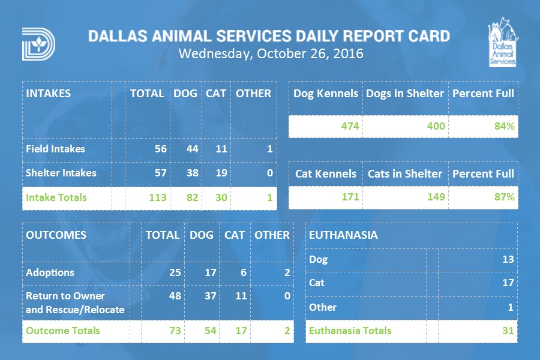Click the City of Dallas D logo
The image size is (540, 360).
tap(38, 44)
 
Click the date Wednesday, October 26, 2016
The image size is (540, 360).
tap(271, 53)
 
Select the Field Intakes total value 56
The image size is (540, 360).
tap(160, 149)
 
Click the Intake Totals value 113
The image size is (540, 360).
tap(158, 197)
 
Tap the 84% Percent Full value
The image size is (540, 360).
tap(503, 126)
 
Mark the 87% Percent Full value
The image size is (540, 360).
tap(503, 197)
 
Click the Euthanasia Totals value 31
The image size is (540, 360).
tap(507, 331)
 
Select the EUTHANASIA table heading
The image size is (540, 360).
tap(343, 235)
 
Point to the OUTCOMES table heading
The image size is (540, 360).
tap(56, 235)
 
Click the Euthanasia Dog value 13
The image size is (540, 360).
tap(507, 260)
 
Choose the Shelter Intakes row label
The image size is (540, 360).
tap(61, 173)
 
